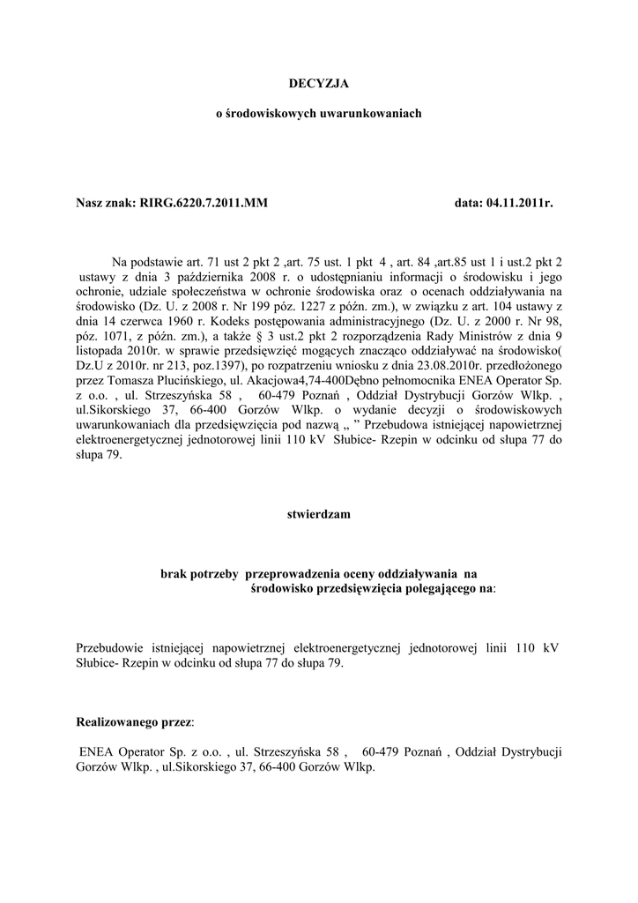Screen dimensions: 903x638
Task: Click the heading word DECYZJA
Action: click(x=318, y=83)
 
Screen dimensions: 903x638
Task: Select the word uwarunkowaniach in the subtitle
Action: click(x=358, y=114)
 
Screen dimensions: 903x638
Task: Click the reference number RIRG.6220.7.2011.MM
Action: click(x=204, y=204)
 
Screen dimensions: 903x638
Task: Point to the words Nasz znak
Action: click(x=106, y=204)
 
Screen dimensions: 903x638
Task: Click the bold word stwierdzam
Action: click(x=318, y=512)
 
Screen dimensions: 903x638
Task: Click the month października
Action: click(x=178, y=276)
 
